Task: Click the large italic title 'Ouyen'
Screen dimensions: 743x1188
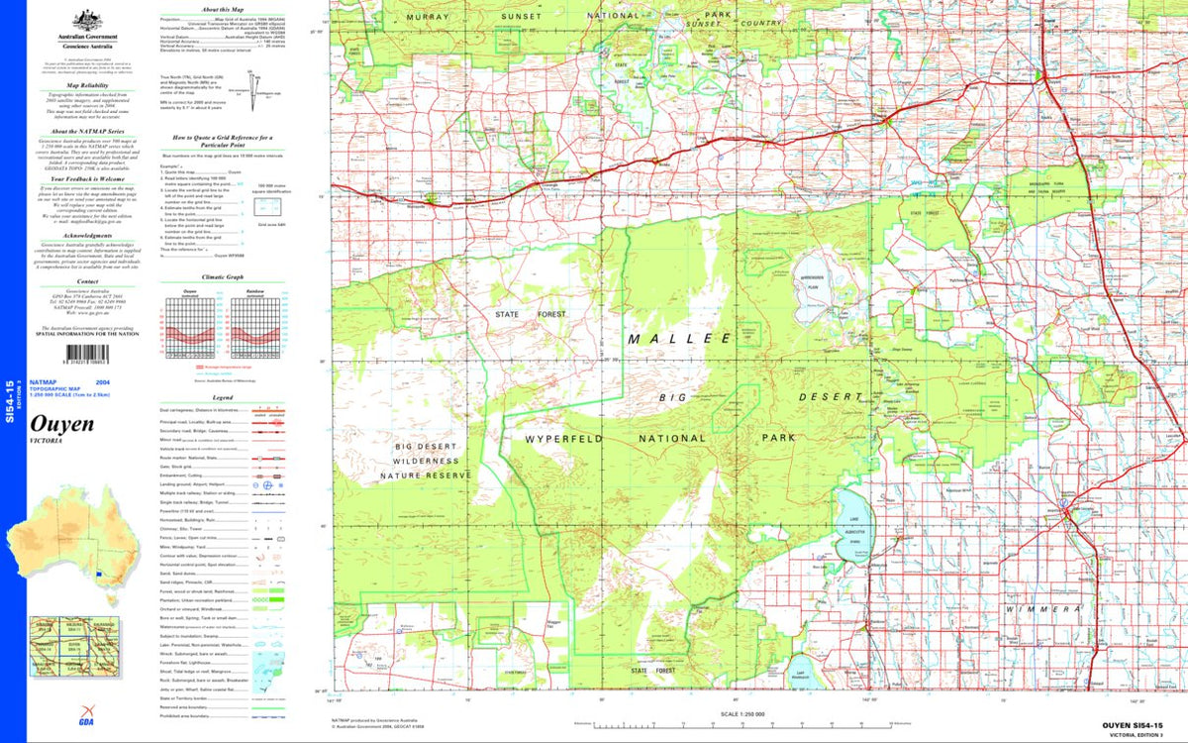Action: pos(63,424)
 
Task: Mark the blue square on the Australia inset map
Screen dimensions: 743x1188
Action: pos(99,573)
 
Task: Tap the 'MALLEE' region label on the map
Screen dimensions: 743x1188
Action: pos(679,339)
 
